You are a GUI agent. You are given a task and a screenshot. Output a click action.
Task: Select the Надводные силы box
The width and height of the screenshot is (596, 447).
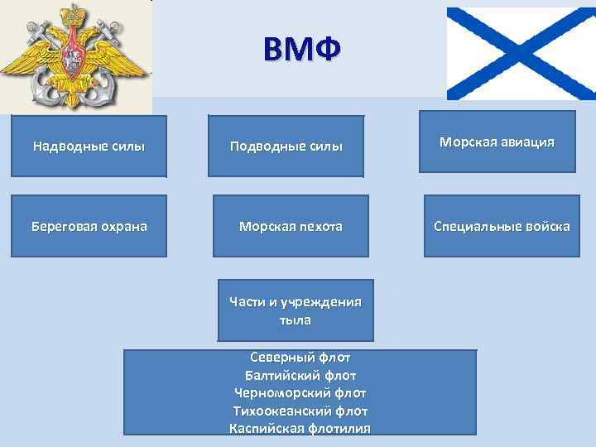[89, 147]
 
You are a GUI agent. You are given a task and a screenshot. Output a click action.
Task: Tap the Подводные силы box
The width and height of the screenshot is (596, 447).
[286, 147]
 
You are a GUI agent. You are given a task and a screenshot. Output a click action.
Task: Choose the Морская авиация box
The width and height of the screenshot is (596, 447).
[497, 142]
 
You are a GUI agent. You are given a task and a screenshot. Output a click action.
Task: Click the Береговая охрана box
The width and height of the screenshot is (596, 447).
[89, 225]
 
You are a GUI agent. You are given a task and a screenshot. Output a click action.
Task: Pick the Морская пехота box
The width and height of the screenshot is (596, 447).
[291, 225]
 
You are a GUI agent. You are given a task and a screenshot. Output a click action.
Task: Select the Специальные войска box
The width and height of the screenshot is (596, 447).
[502, 225]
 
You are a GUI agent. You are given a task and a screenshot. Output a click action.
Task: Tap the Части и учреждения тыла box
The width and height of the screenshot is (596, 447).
[296, 310]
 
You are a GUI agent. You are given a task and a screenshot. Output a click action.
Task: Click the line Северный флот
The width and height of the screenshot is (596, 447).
[300, 358]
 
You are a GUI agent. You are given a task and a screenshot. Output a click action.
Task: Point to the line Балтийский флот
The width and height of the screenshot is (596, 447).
[300, 375]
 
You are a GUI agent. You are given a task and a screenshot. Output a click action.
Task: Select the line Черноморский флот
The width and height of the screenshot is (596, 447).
[300, 392]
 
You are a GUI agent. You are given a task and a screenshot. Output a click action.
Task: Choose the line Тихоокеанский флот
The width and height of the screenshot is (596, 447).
[300, 411]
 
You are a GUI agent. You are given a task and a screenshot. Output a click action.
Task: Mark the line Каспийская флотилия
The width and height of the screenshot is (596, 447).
[300, 428]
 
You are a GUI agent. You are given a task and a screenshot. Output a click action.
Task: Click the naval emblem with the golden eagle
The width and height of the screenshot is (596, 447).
[76, 56]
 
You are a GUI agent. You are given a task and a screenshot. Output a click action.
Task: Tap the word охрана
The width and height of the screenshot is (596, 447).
[120, 225]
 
